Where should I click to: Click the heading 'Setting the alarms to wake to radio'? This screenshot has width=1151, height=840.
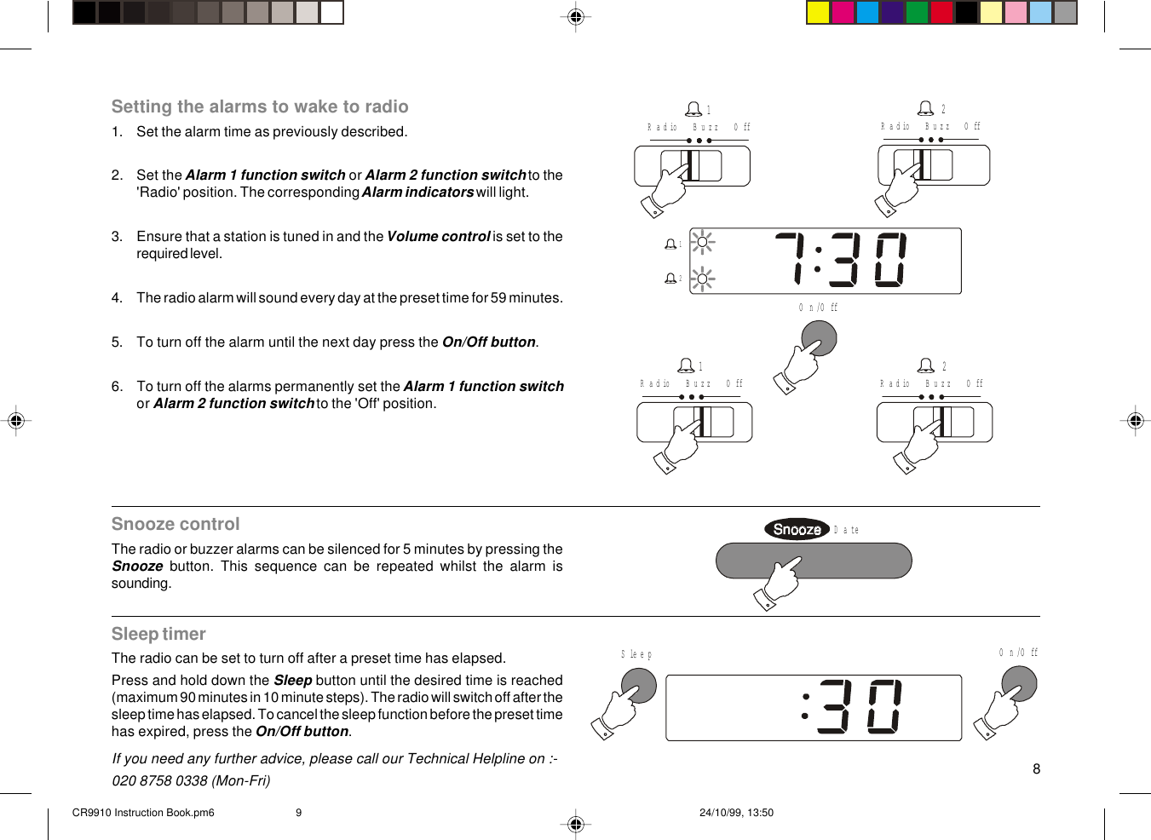pos(260,106)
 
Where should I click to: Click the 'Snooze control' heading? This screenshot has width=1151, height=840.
pos(176,524)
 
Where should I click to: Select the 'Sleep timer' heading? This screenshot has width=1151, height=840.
pos(158,634)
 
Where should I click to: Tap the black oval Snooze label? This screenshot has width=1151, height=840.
pos(797,529)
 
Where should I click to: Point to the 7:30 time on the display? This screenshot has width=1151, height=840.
pos(841,260)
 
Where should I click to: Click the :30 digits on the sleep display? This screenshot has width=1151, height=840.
pos(852,706)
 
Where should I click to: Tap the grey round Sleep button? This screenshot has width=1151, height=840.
pos(640,686)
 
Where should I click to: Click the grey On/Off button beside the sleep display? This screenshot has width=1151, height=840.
pos(1020,683)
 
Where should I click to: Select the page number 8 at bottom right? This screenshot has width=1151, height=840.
pos(1036,769)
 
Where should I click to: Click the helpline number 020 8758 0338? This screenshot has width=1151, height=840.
pos(159,780)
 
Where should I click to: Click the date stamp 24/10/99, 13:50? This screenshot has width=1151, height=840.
pos(736,813)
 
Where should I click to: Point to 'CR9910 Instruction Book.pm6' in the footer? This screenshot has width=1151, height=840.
pos(143,813)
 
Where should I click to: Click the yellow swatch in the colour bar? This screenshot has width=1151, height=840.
pos(818,12)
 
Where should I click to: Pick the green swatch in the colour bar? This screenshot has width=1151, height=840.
pos(917,12)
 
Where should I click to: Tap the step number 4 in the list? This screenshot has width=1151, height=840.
pos(117,298)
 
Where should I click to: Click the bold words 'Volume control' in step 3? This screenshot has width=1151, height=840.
pos(438,237)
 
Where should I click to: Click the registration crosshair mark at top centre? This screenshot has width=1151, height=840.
pos(576,16)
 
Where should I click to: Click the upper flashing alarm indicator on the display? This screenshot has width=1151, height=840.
pos(702,243)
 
